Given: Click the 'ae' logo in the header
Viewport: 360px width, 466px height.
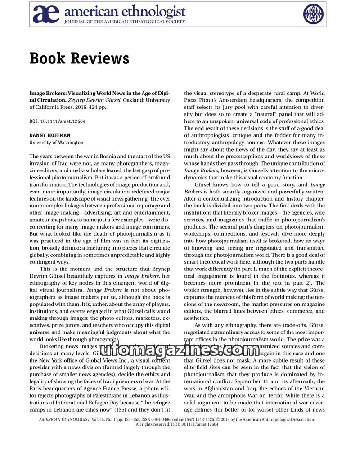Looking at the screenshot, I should click(46, 14).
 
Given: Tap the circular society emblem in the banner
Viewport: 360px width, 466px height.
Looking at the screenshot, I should click(313, 14).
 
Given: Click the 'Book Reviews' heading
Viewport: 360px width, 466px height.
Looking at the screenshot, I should click(79, 58).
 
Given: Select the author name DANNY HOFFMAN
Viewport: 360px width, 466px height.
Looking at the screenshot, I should click(49, 135).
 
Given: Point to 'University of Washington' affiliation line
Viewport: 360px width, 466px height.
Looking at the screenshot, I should click(56, 143).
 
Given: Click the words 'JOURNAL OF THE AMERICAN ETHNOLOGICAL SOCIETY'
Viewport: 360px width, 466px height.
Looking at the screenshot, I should click(125, 22).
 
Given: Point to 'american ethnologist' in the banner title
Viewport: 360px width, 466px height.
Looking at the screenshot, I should click(125, 11).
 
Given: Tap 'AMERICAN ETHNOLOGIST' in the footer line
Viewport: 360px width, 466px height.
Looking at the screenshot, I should click(64, 419).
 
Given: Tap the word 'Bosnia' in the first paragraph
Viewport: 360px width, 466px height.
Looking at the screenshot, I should click(102, 157).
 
